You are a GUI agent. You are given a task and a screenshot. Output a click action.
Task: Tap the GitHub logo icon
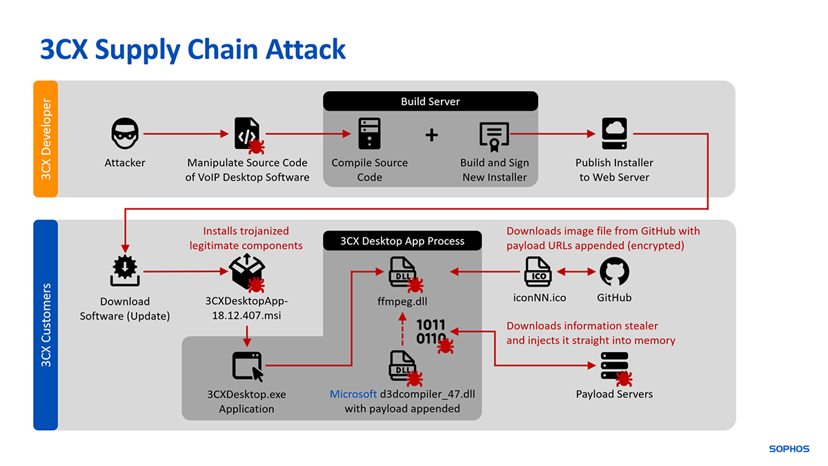tap(614, 271)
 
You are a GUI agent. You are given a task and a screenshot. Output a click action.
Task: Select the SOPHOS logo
tap(789, 449)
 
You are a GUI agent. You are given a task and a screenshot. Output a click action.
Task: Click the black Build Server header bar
tap(430, 101)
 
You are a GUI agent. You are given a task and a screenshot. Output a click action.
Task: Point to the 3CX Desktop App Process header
tap(402, 241)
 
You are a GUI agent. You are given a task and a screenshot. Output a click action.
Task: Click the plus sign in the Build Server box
tap(431, 135)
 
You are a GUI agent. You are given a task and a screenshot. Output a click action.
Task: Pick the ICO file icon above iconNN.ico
tap(538, 271)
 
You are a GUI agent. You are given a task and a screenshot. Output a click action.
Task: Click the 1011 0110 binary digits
tap(431, 331)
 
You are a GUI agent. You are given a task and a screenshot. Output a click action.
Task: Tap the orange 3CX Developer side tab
tap(46, 139)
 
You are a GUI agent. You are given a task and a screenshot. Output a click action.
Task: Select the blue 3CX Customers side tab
tap(46, 324)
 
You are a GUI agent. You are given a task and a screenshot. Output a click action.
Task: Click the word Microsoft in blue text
tap(353, 394)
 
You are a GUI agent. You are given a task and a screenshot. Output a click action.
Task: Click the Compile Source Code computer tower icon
tap(369, 134)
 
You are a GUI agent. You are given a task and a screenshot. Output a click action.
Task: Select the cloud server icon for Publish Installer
tap(614, 134)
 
